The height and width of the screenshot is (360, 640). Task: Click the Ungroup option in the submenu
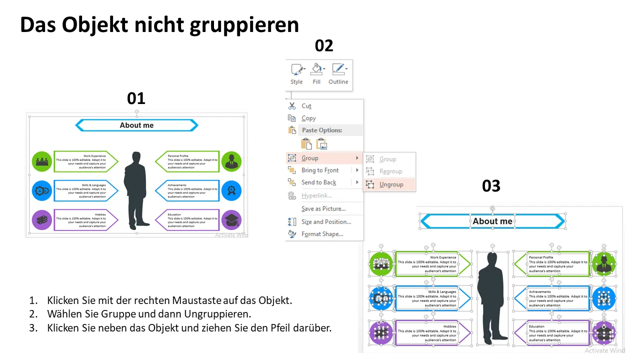[x=391, y=184]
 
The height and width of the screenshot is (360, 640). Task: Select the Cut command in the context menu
[x=306, y=106]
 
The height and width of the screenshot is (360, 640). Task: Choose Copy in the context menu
[x=308, y=118]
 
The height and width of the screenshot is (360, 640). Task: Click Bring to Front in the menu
[x=320, y=170]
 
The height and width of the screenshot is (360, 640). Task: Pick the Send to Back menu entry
[x=318, y=182]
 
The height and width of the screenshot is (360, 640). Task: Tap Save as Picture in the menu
[x=323, y=208]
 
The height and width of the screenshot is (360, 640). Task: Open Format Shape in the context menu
[x=322, y=234]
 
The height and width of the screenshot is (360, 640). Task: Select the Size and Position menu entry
[x=326, y=221]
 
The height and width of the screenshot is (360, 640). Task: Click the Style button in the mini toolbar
[x=297, y=73]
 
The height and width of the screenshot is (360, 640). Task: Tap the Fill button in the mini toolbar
[x=316, y=73]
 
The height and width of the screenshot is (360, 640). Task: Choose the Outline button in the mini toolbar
[x=338, y=73]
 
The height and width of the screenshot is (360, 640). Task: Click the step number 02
[x=324, y=46]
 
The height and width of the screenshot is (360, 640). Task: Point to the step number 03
[x=491, y=186]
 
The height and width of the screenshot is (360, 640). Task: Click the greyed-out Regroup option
[x=390, y=171]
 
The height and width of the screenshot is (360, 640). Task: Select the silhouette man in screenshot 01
[x=137, y=190]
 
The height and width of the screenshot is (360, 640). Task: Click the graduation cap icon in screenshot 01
[x=231, y=220]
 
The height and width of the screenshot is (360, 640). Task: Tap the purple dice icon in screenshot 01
[x=42, y=220]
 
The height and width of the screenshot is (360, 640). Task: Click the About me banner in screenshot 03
[x=492, y=221]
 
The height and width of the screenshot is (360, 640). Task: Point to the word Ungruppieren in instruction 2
[x=220, y=314]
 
